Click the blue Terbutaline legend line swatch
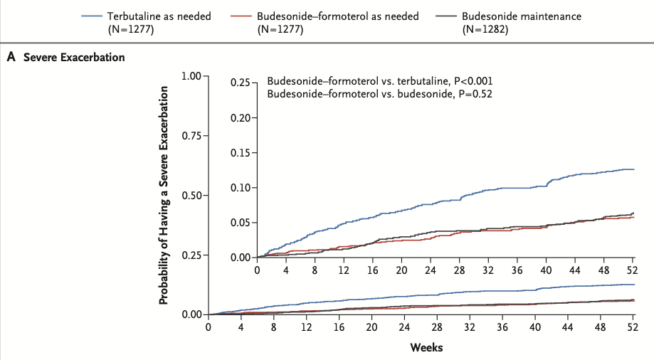[92, 16]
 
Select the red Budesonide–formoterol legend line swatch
[241, 16]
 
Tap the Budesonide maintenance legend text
[522, 16]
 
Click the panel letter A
[11, 57]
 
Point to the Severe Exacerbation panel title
[74, 57]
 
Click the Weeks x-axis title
[426, 347]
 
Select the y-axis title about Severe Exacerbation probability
[164, 195]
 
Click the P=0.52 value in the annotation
[475, 94]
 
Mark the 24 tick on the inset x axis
[431, 270]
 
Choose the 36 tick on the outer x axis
[502, 327]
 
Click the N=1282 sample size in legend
[485, 30]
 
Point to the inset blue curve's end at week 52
[634, 169]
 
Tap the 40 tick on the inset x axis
[546, 270]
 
